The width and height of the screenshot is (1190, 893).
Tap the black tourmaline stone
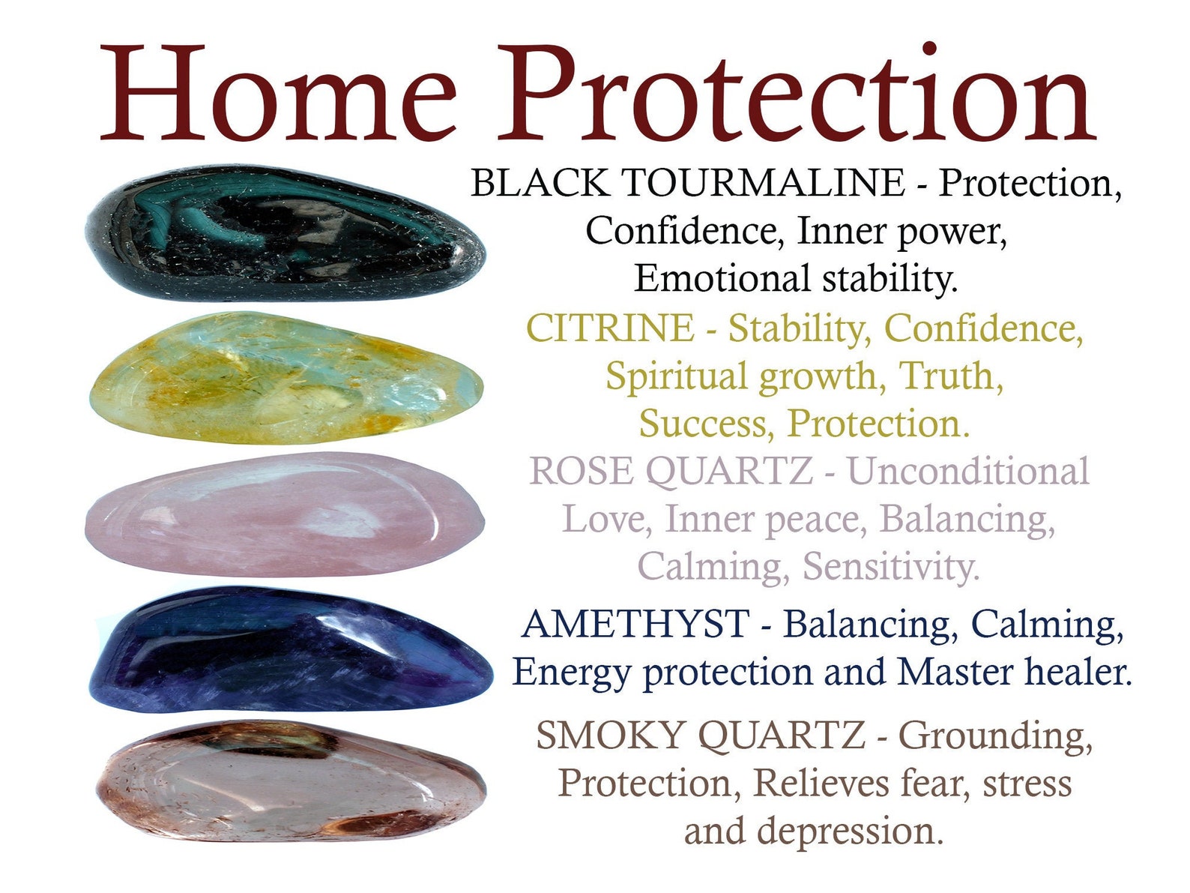coord(285,235)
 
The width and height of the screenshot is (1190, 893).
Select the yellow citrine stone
coord(285,377)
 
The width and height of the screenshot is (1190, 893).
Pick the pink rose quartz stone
coord(285,514)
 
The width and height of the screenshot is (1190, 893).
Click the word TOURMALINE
coord(763,183)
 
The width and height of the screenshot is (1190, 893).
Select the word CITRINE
coord(610,328)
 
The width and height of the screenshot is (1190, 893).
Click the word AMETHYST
coord(635,625)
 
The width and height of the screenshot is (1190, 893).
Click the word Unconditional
coord(967,472)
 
